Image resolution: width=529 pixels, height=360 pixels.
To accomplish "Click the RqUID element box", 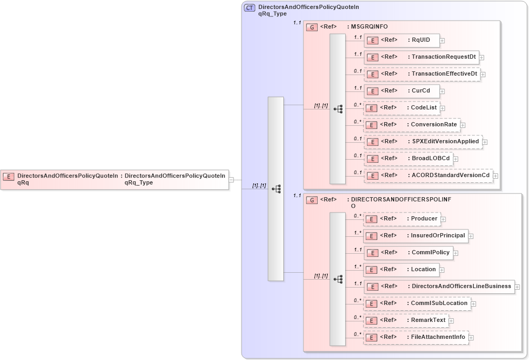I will coord(402,40).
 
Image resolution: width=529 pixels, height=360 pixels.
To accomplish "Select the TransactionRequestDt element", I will coord(421,57).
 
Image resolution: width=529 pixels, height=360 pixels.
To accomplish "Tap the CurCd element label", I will coord(421,91).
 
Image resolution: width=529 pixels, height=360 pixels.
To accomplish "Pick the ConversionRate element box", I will coord(412,125).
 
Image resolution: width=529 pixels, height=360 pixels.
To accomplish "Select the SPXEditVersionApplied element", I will coord(423,142).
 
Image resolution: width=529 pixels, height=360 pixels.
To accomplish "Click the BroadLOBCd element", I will coord(408,159).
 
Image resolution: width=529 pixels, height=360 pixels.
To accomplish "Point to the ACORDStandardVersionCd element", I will coord(428,176).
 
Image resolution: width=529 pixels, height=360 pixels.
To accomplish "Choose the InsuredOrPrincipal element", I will coord(416,236).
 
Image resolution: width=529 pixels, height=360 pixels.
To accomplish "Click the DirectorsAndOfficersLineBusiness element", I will coord(439,287).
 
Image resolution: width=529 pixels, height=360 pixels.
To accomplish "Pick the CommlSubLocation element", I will coord(417,303).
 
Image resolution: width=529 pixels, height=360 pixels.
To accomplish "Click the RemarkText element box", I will coord(406,320).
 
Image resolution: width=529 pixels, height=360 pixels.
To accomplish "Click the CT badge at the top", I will coord(249,8).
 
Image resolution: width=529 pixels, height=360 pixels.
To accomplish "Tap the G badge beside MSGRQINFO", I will coord(312,27).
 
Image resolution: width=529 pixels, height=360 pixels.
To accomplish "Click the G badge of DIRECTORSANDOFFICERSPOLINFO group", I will coord(312,200).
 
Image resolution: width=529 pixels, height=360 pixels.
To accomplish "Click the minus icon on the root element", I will coord(231,180).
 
